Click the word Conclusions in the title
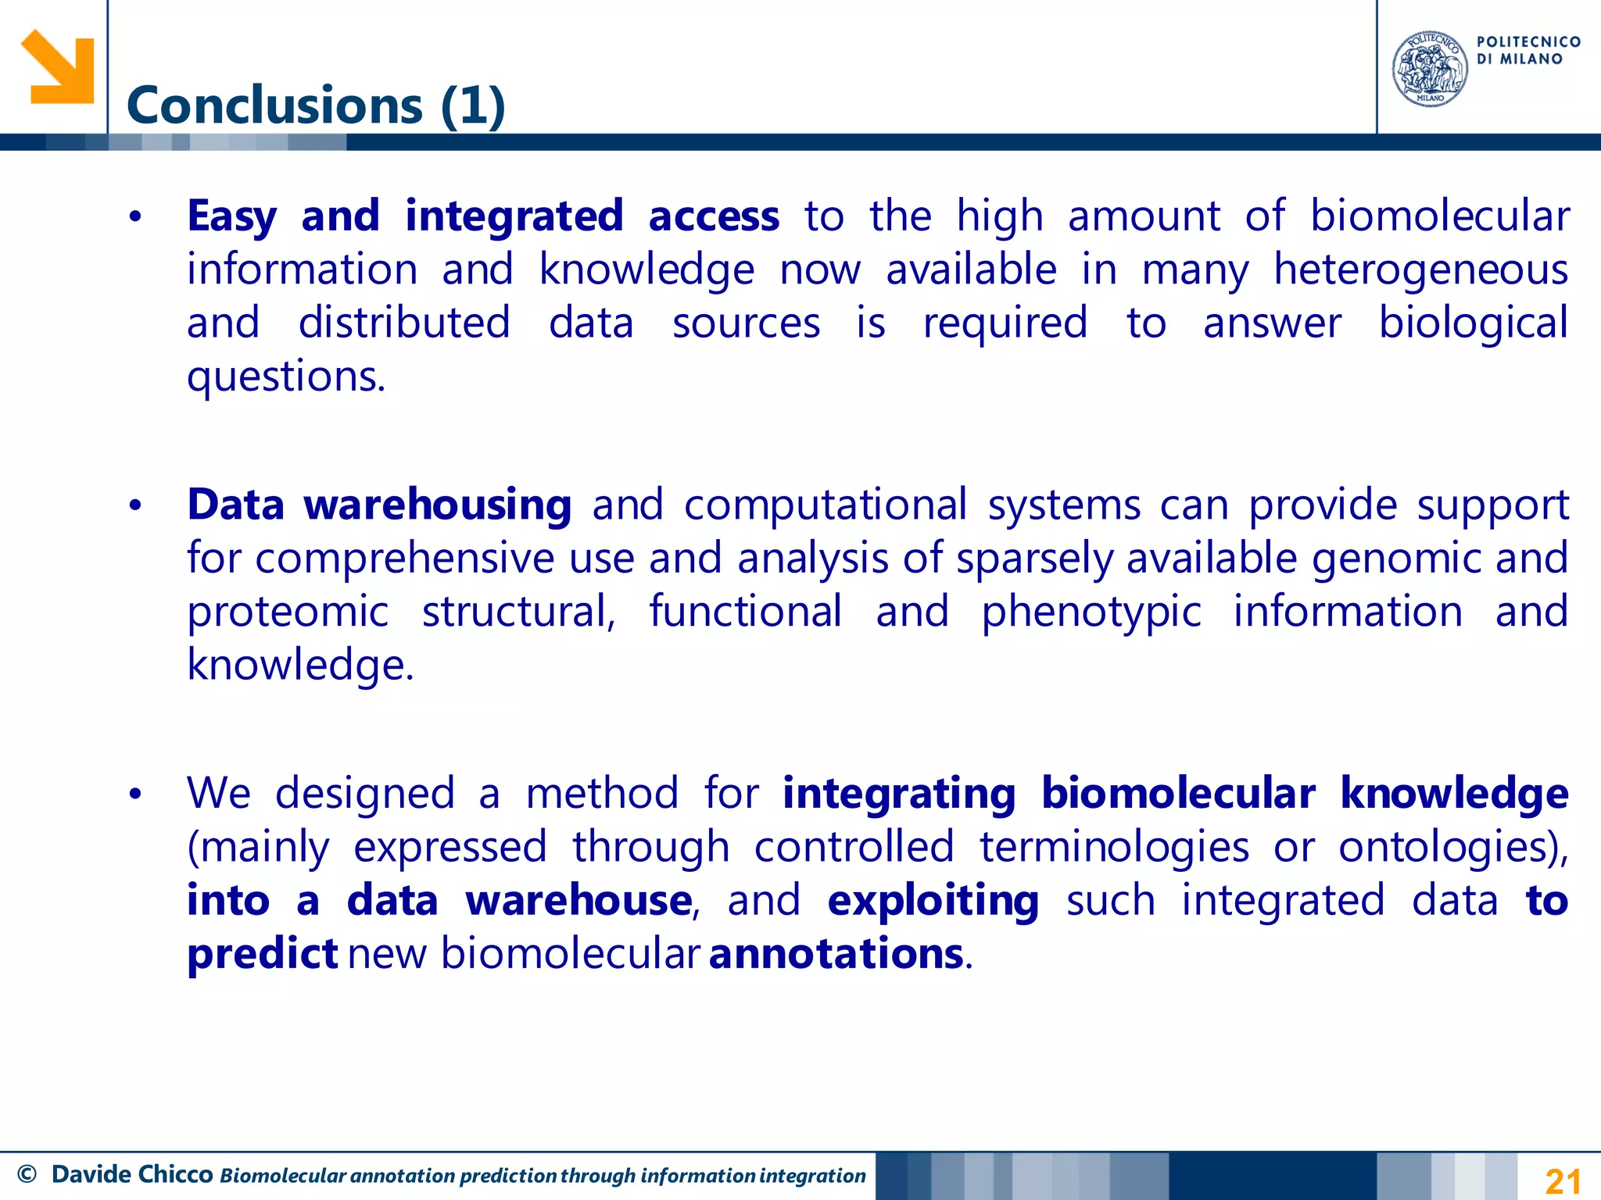coord(274,105)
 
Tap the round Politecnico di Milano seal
coord(1429,69)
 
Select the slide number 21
coord(1563,1180)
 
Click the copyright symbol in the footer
coord(27,1174)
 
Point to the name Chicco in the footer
coord(176,1173)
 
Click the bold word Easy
coord(231,216)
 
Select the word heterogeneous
coord(1420,270)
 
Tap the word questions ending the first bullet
coord(285,377)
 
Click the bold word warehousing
coord(438,505)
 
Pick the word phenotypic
coord(1091,612)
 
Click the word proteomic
coord(287,612)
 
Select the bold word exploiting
coord(933,901)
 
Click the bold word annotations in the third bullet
coord(836,954)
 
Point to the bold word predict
coord(262,954)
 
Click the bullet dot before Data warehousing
coord(135,505)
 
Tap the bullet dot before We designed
coord(135,795)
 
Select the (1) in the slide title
coord(473,105)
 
